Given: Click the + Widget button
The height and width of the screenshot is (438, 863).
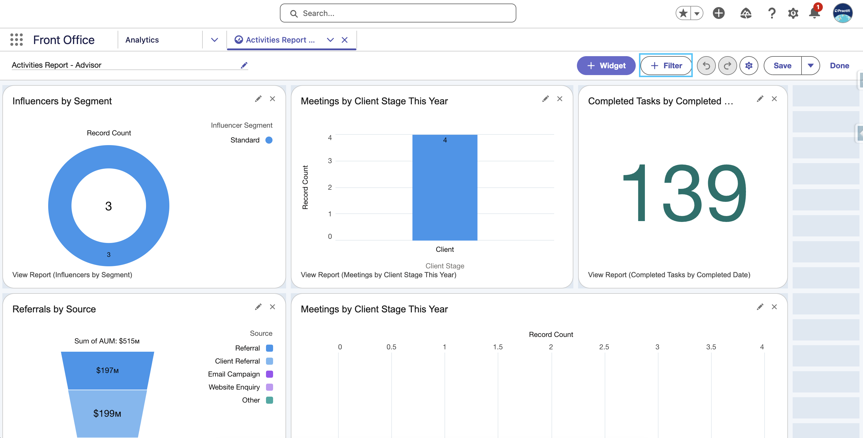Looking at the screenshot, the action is pos(606,66).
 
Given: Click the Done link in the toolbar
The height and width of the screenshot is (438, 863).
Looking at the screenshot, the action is pos(839,66).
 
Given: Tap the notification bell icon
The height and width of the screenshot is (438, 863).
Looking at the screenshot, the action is pos(815,13).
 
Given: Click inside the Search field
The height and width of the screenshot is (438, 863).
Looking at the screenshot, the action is pos(398,13).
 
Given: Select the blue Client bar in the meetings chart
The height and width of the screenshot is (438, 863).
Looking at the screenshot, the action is pos(445,188).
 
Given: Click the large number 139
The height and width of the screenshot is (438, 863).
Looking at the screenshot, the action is pos(684,193).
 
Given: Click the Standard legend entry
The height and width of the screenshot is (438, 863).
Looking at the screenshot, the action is pos(251,140).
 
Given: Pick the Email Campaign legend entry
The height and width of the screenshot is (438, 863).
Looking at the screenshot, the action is pos(240,374).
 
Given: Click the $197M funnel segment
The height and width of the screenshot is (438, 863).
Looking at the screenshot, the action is pos(107,370).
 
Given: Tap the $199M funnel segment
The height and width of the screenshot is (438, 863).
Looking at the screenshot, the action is pos(107,413).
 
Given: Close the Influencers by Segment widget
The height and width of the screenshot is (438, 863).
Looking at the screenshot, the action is pos(272,99).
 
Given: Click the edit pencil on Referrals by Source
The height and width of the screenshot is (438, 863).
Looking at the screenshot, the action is pos(258,307).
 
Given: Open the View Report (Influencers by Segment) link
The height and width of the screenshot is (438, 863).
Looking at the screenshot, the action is pos(72,275).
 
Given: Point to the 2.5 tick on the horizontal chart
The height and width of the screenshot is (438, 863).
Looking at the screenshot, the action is pos(604,347).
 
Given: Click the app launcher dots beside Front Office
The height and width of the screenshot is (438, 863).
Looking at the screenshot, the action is pos(17,40).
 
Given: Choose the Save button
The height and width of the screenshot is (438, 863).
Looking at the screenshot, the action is pos(782,66).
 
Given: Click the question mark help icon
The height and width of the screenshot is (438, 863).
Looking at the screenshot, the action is pos(772,13).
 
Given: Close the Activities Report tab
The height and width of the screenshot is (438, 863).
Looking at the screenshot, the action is pos(344,40).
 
